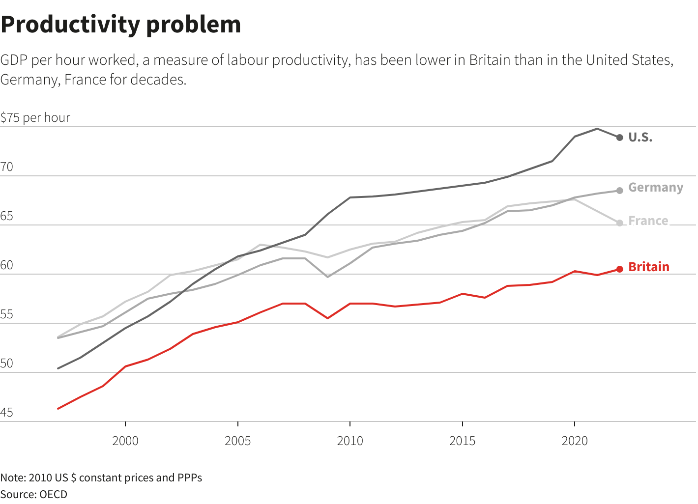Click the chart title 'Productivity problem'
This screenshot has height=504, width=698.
[x=121, y=25]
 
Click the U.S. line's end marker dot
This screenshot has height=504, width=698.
[x=619, y=138]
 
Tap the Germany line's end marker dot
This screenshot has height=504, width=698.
[x=619, y=190]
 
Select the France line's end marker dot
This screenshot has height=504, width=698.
[x=619, y=223]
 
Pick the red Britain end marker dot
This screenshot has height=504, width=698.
[x=619, y=269]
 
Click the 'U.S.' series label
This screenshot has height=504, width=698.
[x=640, y=138]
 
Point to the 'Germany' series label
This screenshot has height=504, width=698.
[x=656, y=188]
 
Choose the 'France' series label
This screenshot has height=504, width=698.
[x=648, y=221]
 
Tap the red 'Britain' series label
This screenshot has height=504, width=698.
[x=649, y=267]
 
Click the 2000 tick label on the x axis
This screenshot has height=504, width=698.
[x=125, y=441]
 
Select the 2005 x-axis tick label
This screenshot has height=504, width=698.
[x=237, y=441]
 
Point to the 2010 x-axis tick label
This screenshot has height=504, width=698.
[x=350, y=441]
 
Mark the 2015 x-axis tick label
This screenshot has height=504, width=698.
[x=462, y=441]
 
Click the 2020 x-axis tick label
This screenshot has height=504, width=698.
[x=575, y=441]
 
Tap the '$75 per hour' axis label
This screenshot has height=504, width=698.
[x=35, y=118]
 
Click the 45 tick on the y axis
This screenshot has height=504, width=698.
[x=7, y=413]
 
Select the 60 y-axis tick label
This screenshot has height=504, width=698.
[x=7, y=265]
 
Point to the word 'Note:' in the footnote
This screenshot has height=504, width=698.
[x=13, y=477]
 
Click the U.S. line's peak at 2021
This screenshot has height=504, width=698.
[x=597, y=129]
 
